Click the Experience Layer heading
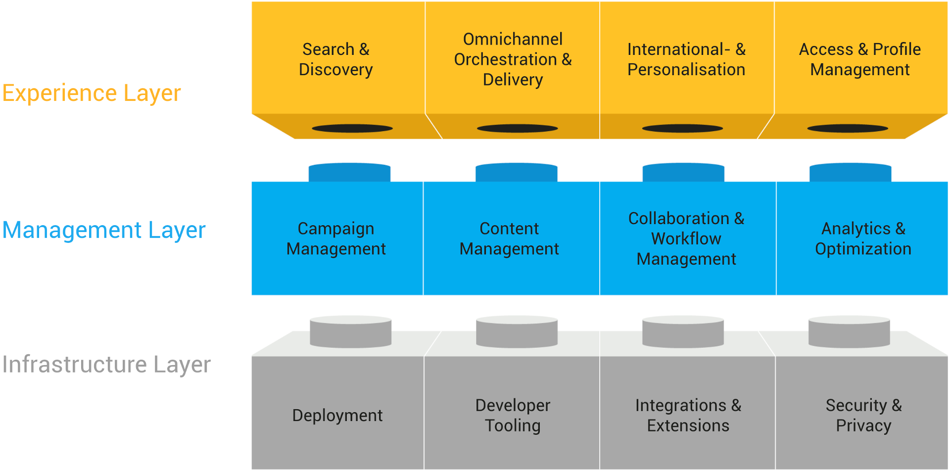tap(92, 94)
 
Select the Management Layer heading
tap(104, 231)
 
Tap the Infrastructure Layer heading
tap(106, 365)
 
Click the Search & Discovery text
tap(336, 59)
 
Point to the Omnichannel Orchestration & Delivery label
tap(513, 59)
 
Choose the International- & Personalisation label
tap(686, 59)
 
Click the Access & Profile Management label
tap(860, 59)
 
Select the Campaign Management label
tap(336, 238)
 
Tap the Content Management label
tap(509, 238)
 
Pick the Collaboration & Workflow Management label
tap(686, 238)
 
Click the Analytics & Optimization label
tap(863, 238)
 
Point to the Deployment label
tap(337, 416)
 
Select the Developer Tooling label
tap(513, 416)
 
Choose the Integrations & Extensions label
tap(688, 416)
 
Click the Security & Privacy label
tap(863, 416)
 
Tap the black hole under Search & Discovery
tap(352, 129)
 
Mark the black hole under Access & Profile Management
tap(848, 129)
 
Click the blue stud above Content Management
tap(517, 173)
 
